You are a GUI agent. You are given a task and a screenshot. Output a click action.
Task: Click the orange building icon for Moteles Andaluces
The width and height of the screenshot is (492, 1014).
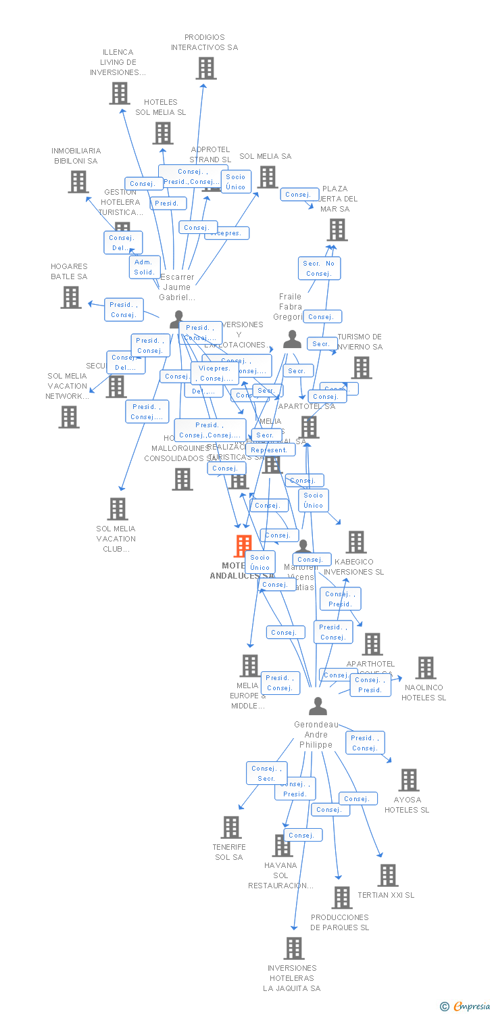click(x=243, y=546)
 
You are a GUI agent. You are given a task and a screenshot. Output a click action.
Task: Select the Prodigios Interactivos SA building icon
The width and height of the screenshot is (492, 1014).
click(x=206, y=68)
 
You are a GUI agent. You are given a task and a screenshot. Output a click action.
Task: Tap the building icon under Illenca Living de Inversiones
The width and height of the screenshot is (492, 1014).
click(x=120, y=93)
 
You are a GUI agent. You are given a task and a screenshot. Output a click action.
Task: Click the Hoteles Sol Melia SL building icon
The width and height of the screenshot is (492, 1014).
click(x=163, y=133)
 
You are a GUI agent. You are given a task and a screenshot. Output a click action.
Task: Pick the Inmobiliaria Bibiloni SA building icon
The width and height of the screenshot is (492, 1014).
click(x=78, y=181)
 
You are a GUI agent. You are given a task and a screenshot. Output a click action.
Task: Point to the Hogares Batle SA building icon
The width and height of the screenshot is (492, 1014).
click(x=71, y=297)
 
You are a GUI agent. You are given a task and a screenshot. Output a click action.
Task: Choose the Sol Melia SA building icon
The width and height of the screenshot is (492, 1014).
click(x=268, y=177)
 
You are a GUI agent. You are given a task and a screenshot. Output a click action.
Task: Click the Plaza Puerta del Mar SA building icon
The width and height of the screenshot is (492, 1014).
click(x=337, y=230)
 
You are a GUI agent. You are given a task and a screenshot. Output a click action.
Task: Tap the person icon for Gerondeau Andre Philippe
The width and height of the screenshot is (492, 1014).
click(x=318, y=706)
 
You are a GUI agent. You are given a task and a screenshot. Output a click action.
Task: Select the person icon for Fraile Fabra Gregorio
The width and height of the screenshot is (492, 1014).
click(x=292, y=339)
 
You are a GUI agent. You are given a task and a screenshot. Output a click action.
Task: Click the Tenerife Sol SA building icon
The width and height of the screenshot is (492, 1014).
click(x=231, y=827)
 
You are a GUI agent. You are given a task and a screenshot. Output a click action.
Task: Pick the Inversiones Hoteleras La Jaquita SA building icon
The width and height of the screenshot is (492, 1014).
click(x=294, y=948)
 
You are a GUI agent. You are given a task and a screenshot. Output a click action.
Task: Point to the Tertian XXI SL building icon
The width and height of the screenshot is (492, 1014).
click(x=387, y=875)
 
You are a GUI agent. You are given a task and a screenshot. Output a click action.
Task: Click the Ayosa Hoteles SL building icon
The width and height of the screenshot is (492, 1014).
click(x=408, y=780)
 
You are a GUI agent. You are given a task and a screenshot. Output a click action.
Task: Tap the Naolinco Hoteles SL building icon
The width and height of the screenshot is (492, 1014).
click(x=425, y=668)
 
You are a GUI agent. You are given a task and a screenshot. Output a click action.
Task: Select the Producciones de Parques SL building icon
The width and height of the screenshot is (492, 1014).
click(x=342, y=898)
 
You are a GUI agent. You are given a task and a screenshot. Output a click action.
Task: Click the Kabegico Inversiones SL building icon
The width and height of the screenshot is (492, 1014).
click(x=356, y=542)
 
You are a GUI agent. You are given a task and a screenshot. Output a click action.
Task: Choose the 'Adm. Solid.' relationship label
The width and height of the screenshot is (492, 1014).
click(x=144, y=267)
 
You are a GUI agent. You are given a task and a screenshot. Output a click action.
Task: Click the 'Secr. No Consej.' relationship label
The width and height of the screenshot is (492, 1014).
click(x=319, y=268)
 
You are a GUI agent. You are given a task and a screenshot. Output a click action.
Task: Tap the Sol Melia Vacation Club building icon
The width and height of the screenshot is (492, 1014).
click(x=118, y=509)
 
